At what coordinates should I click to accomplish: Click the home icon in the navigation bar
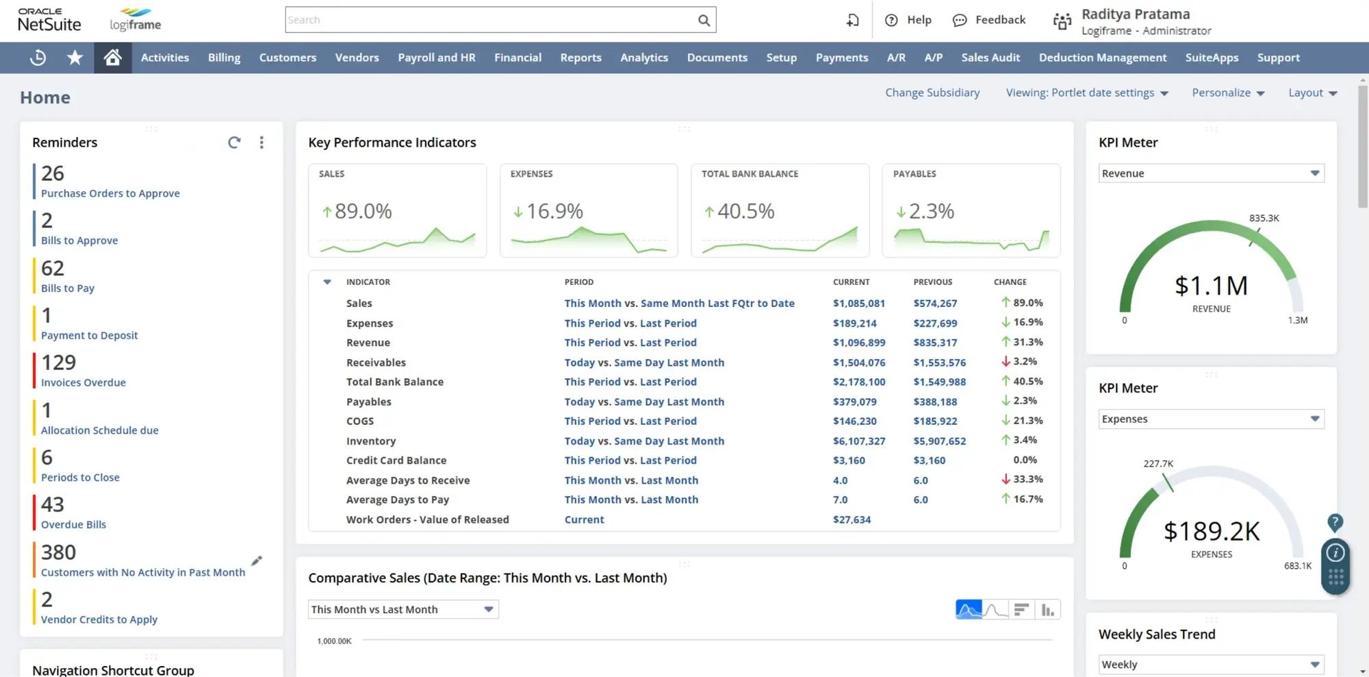coord(113,58)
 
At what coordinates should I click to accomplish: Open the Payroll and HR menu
coord(437,58)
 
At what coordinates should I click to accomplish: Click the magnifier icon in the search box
coord(704,21)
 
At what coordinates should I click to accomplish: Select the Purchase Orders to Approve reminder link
coord(110,193)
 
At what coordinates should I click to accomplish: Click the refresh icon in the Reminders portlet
coord(234,143)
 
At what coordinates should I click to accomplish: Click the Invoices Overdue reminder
coord(83,382)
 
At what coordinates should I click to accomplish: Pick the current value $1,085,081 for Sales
coord(858,303)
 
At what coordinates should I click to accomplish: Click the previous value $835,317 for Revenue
coord(935,343)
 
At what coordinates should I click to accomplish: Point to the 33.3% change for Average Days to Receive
coord(1027,480)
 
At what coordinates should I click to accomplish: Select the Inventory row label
coord(371,441)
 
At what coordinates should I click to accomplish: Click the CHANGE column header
coord(1010,282)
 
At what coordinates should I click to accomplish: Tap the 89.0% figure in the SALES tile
coord(363,211)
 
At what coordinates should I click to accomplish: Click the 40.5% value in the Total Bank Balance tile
coord(745,211)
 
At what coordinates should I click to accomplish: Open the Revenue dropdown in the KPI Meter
coord(1211,173)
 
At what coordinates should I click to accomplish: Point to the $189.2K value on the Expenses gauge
coord(1211,531)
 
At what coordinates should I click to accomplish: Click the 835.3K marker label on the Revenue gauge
coord(1264,218)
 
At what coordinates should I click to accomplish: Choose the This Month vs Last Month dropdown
coord(402,609)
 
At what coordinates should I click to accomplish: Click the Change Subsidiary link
coord(932,93)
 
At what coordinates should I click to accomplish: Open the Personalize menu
coord(1227,93)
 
